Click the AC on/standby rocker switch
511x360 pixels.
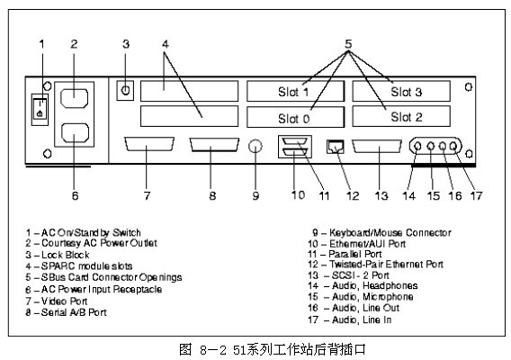click(40, 110)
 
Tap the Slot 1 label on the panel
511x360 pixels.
click(293, 92)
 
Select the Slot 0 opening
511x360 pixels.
click(295, 117)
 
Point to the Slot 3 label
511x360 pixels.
click(406, 92)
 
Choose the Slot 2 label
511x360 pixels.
click(407, 117)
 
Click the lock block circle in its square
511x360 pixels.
click(125, 90)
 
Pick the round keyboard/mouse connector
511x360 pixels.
click(255, 147)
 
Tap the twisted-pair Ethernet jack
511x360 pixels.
click(336, 147)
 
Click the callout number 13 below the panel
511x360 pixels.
click(381, 195)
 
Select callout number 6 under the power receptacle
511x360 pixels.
click(75, 195)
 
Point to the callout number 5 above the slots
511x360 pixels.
click(348, 44)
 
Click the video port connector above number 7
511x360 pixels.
click(149, 144)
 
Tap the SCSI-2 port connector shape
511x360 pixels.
click(377, 147)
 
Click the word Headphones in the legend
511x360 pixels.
click(390, 286)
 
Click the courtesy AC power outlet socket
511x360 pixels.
click(74, 98)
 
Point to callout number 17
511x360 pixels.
click(476, 195)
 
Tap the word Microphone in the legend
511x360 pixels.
click(388, 297)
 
